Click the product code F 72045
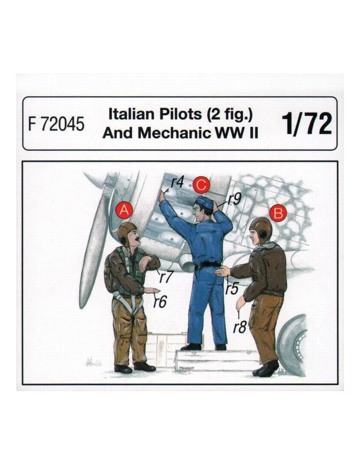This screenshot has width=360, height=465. click(56, 125)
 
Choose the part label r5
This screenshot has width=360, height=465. click(232, 288)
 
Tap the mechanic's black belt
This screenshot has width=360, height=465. click(207, 265)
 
